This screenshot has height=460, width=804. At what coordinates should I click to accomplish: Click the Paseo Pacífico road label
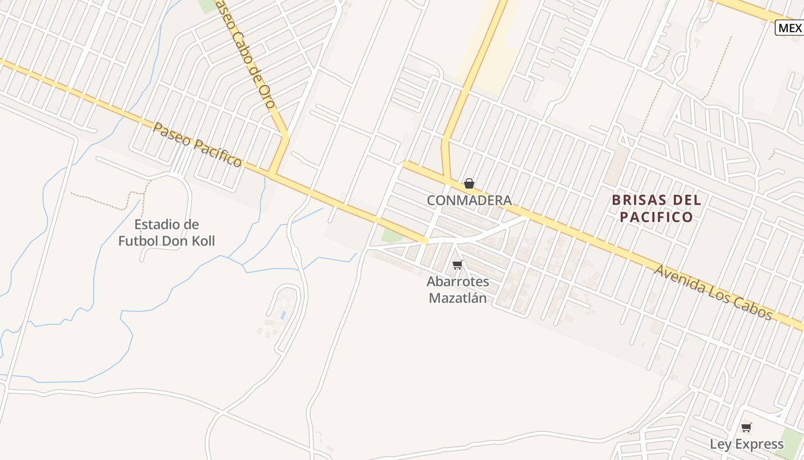(197, 144)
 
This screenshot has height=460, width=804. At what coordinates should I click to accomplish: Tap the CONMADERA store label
(469, 200)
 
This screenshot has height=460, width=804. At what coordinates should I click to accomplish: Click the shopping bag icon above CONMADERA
(469, 183)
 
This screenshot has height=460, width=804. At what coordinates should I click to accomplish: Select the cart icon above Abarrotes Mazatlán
(457, 265)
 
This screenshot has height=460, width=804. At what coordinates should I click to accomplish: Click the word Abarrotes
(458, 282)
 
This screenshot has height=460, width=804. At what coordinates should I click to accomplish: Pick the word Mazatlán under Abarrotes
(458, 298)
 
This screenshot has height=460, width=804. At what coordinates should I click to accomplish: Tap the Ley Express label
(746, 444)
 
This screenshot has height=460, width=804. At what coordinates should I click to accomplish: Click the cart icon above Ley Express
(746, 427)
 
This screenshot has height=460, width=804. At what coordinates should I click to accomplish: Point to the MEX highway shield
(790, 28)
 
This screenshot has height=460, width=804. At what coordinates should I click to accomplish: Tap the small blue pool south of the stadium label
(283, 315)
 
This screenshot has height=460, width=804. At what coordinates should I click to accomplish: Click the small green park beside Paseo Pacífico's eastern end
(393, 235)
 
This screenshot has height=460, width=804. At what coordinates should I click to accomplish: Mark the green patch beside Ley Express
(793, 440)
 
